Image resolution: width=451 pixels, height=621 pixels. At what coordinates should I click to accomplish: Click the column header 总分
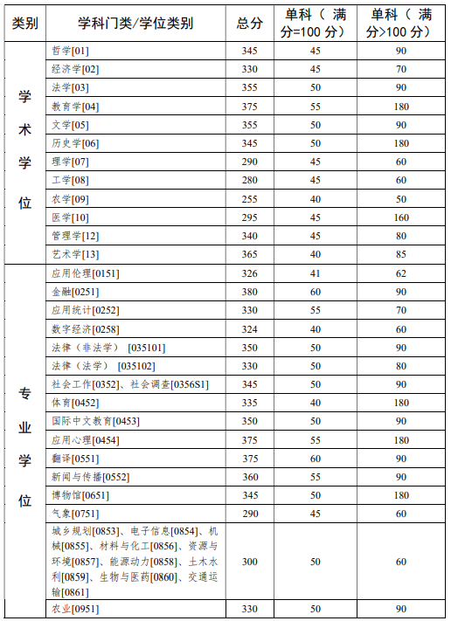click(249, 24)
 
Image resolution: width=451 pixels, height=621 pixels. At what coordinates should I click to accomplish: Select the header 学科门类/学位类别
click(135, 24)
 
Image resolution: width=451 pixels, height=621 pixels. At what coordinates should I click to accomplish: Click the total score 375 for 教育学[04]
click(249, 107)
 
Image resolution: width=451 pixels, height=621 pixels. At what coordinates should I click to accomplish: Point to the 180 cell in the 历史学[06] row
click(401, 143)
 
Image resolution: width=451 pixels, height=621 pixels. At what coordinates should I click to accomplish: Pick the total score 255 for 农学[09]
click(249, 198)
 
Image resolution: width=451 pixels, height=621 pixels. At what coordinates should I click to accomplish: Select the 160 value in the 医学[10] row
click(401, 217)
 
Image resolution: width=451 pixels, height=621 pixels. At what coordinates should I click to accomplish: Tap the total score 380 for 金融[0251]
click(249, 292)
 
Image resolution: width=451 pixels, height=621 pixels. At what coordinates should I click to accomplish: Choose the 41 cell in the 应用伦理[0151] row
click(316, 273)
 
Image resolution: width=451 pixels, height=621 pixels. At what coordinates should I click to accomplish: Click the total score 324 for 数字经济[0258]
click(249, 328)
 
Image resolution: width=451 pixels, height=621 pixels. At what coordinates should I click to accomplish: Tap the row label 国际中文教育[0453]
click(95, 421)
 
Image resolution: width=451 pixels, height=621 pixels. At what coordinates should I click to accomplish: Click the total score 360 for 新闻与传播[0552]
click(249, 476)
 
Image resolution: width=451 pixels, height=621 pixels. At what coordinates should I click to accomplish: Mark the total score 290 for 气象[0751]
click(249, 513)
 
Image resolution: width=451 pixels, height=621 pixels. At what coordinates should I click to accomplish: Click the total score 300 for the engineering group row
click(249, 562)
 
